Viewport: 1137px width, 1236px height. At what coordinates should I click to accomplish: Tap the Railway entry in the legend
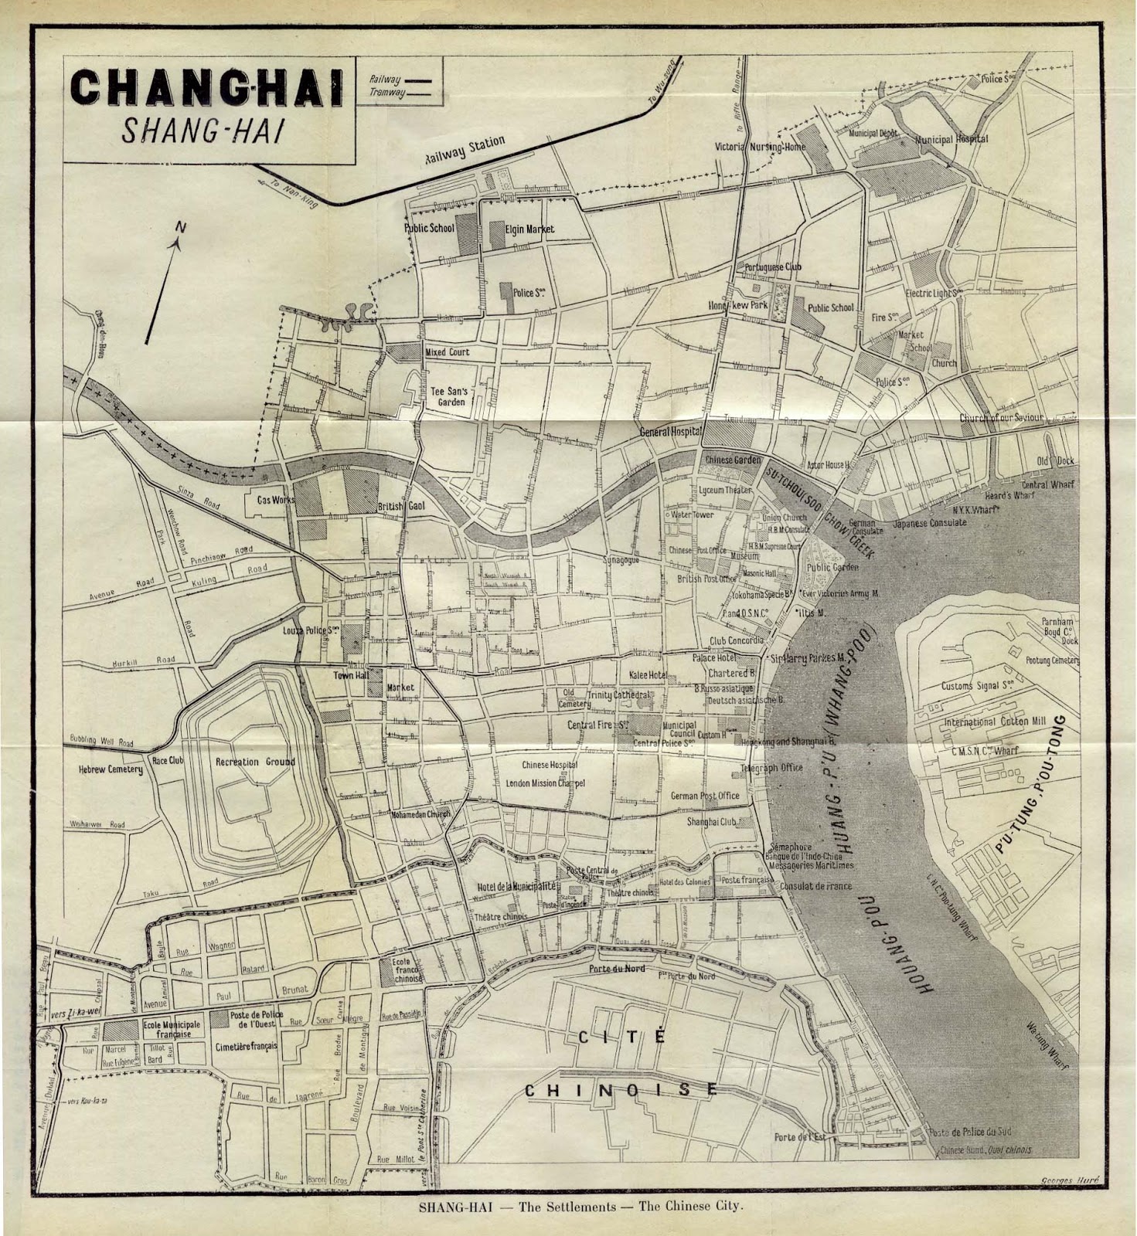tap(385, 80)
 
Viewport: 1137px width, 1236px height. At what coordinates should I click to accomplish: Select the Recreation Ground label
tap(255, 762)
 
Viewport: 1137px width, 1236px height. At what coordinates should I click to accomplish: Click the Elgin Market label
tap(530, 229)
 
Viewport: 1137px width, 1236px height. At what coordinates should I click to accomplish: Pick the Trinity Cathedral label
tap(620, 695)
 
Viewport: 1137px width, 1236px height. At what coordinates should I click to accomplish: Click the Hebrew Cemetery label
tap(111, 769)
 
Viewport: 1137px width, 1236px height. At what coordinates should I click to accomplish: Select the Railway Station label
tap(464, 151)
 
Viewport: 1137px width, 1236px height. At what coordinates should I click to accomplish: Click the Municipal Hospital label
tap(951, 140)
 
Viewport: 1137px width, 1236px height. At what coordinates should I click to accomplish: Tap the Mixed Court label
tap(447, 352)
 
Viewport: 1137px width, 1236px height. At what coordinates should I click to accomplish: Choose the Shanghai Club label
tap(711, 822)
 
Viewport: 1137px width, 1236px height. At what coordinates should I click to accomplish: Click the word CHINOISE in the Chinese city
tap(621, 1090)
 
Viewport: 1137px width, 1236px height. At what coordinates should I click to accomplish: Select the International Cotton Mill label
tap(994, 722)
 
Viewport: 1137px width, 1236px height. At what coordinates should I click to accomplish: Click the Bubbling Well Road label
tap(100, 741)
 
